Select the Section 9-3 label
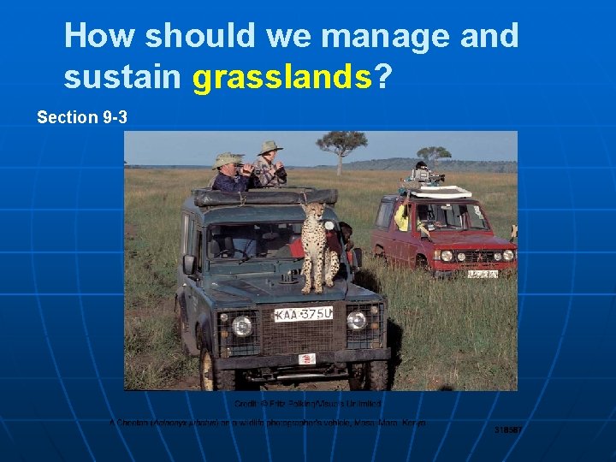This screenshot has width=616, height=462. (x=82, y=117)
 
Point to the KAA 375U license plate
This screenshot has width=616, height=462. (x=303, y=314)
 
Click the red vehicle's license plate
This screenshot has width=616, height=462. (x=483, y=274)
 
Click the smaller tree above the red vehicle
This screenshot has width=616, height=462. (x=434, y=154)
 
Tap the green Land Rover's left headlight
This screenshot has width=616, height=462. (x=242, y=326)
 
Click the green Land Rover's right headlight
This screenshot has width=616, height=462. (x=357, y=320)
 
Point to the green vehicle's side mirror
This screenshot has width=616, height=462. (x=188, y=264)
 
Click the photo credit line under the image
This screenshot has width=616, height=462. (x=308, y=402)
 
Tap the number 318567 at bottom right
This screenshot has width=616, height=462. (x=508, y=429)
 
